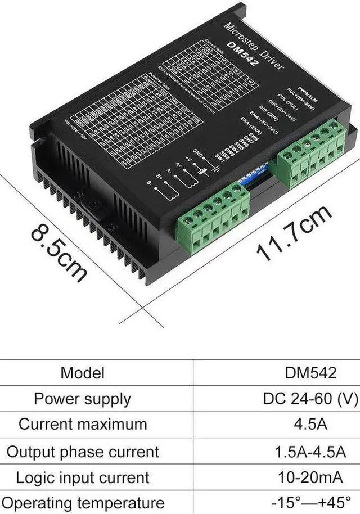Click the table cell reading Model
[x=83, y=372]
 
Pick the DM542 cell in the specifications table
[x=310, y=372]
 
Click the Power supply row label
[x=82, y=399]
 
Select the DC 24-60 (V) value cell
[x=310, y=399]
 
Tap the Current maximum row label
[x=82, y=424]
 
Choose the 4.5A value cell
[x=310, y=424]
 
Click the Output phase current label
[x=82, y=451]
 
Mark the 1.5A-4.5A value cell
[x=310, y=451]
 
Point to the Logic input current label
[x=82, y=477]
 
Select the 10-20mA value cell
[x=310, y=477]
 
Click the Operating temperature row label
[x=82, y=502]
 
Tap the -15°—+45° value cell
[x=310, y=502]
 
